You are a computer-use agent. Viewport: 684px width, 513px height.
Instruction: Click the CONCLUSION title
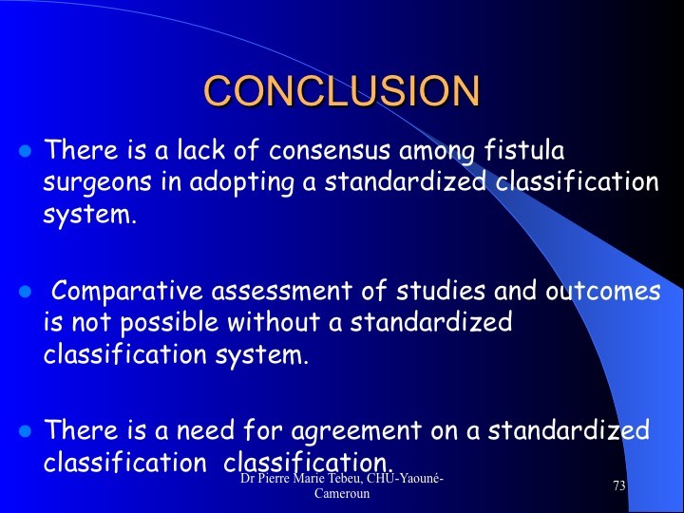(x=342, y=91)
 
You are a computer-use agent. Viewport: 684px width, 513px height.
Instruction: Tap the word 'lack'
(x=200, y=150)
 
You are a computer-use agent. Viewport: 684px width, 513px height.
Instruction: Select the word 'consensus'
(x=330, y=151)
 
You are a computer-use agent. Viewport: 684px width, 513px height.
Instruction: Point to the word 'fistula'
(x=523, y=150)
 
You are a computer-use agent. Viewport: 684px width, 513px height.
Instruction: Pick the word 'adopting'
(x=241, y=183)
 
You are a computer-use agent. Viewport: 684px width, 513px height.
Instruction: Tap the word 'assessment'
(x=282, y=291)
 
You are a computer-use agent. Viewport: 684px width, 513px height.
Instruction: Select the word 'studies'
(x=441, y=290)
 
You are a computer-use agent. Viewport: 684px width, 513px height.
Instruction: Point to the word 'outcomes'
(x=603, y=291)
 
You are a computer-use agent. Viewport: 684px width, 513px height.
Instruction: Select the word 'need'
(x=205, y=429)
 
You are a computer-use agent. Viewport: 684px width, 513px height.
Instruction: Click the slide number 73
(x=619, y=485)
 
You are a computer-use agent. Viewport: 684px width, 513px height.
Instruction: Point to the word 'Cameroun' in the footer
(x=342, y=493)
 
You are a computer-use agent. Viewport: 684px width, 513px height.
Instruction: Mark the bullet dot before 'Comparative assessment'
(x=26, y=291)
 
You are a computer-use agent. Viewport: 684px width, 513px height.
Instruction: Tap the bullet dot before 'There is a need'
(x=26, y=430)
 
